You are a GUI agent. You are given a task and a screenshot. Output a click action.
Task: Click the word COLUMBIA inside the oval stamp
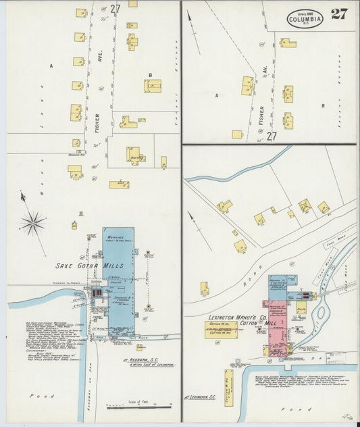point(305,18)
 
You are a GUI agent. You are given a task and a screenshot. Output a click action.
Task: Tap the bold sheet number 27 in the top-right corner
point(338,14)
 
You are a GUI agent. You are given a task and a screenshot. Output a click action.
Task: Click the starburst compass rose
point(32,222)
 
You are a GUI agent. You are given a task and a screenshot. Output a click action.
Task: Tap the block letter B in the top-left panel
point(150,75)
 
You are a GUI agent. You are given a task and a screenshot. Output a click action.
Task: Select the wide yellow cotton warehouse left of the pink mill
point(221,330)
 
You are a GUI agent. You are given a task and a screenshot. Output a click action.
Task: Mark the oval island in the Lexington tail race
point(319,313)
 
